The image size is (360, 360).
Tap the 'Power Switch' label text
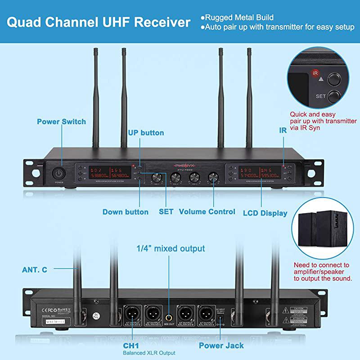click(61, 121)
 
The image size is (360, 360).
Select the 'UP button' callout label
click(146, 133)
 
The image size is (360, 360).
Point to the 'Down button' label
click(126, 212)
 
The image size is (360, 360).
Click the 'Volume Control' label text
click(207, 211)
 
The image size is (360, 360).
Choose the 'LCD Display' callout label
click(265, 213)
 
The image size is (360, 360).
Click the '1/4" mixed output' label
click(171, 249)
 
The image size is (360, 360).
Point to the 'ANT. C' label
click(35, 270)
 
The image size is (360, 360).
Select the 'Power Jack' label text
click(221, 346)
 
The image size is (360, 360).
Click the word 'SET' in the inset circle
click(321, 96)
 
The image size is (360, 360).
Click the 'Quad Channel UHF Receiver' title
click(99, 22)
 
